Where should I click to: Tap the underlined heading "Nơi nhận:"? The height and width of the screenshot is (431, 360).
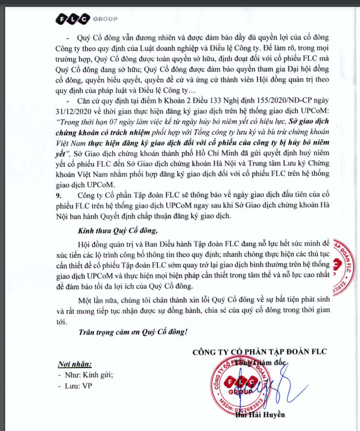click(74, 364)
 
